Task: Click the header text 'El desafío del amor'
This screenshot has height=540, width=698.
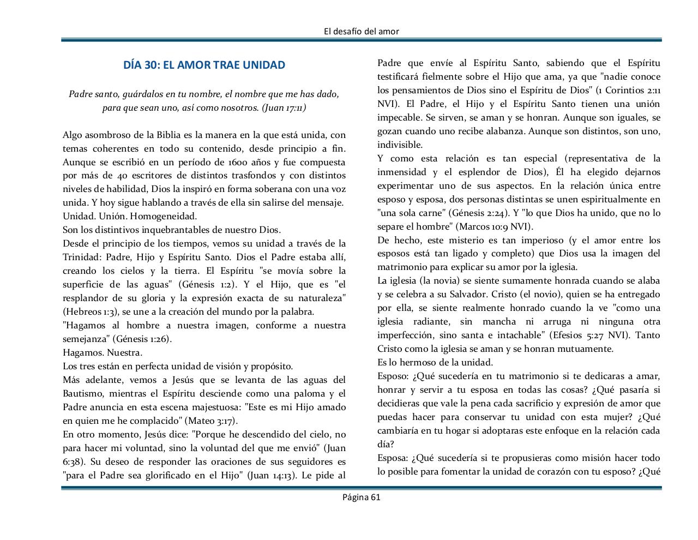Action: pos(361,31)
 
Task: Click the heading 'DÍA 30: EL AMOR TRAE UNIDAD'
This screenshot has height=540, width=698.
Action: pos(204,65)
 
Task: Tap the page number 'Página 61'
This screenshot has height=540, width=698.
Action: pos(361,497)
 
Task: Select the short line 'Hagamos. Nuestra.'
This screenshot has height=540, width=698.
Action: pos(103,352)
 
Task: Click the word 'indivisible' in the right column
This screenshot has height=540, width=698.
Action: pos(399,145)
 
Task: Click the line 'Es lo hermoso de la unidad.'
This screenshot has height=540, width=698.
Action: pos(435,363)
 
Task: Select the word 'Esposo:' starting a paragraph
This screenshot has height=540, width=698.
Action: pos(393,376)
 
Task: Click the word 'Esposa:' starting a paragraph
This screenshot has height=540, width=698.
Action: pos(393,458)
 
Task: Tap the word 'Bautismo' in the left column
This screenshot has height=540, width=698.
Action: pos(83,393)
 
